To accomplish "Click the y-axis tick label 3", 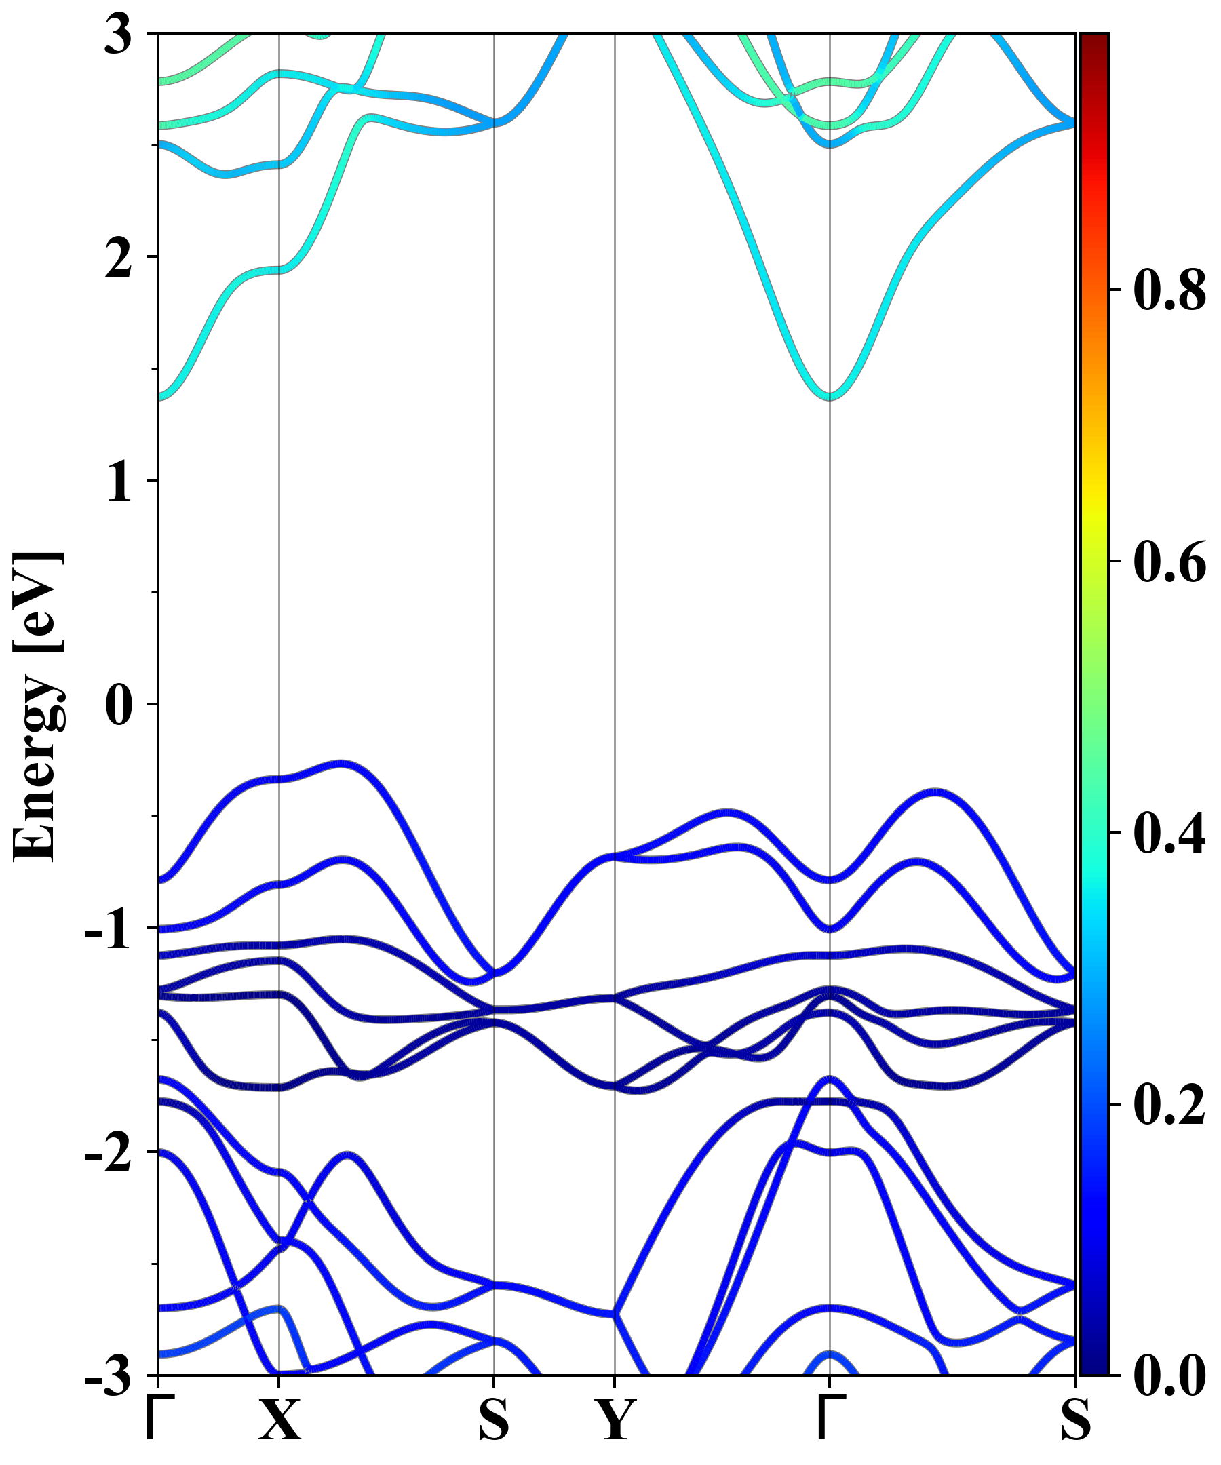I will pos(118,35).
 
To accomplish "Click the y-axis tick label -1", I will pos(108,930).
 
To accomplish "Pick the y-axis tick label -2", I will pos(108,1154).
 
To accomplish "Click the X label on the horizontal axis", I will pos(279,1420).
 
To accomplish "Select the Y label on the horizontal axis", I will pos(615,1420).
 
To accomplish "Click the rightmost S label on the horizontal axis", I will pos(1075,1420).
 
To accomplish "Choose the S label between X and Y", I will pos(494,1420).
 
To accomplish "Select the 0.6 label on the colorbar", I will pos(1169,562).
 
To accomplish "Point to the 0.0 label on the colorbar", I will pos(1169,1376).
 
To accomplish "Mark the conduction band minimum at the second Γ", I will pos(830,397).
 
